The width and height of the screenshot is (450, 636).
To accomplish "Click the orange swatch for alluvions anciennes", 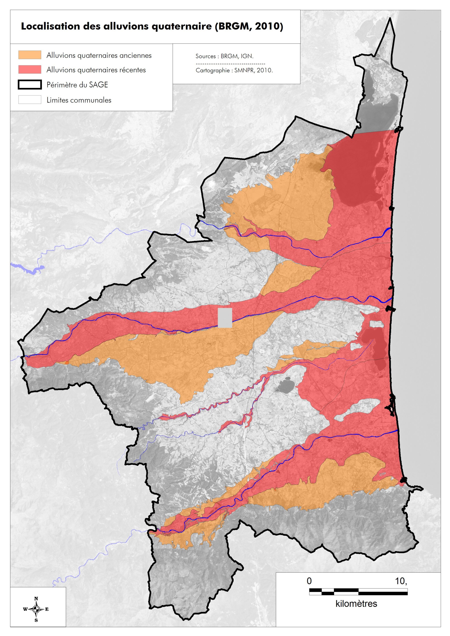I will pyautogui.click(x=30, y=55).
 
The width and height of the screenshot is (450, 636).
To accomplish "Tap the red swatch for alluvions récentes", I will pyautogui.click(x=30, y=70).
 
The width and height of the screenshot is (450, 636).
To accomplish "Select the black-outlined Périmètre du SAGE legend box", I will pyautogui.click(x=30, y=85).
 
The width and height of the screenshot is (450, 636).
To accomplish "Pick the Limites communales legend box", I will pyautogui.click(x=30, y=100).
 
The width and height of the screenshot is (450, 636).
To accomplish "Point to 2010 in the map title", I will pyautogui.click(x=268, y=26).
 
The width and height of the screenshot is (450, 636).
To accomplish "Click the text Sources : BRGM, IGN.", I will pyautogui.click(x=224, y=56).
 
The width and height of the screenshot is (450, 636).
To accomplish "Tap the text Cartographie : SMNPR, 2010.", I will pyautogui.click(x=234, y=70).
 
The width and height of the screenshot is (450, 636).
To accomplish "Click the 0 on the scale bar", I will pyautogui.click(x=309, y=581).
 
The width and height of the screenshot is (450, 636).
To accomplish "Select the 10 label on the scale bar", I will pyautogui.click(x=400, y=581).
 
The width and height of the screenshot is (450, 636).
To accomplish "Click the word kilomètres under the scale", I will pyautogui.click(x=356, y=604).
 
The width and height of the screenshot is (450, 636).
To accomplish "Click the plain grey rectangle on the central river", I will pyautogui.click(x=225, y=318).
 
